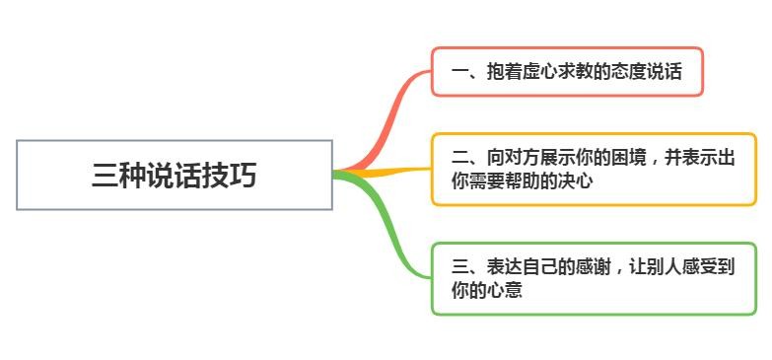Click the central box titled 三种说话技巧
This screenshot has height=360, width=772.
pyautogui.click(x=175, y=175)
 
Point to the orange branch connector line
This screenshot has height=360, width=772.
pyautogui.click(x=385, y=172)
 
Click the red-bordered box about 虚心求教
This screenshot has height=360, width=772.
pyautogui.click(x=567, y=71)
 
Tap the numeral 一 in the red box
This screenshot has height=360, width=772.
pyautogui.click(x=459, y=72)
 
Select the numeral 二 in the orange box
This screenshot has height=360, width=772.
pyautogui.click(x=459, y=158)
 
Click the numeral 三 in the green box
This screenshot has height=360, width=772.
pyautogui.click(x=459, y=267)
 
